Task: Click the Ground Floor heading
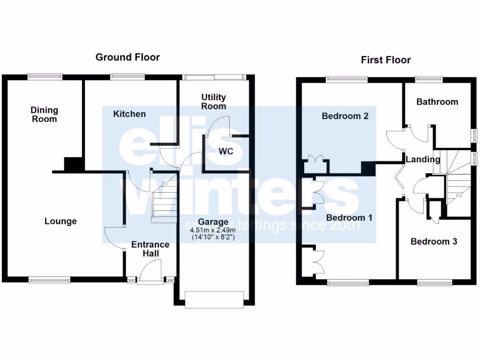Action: (127, 57)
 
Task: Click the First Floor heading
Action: (385, 60)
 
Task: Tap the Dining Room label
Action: (45, 114)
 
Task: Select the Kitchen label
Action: (129, 114)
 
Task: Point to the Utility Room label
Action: (214, 102)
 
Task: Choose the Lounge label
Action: (60, 221)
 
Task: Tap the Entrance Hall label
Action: (150, 249)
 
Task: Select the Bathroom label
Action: (437, 102)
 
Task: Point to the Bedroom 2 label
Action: (345, 116)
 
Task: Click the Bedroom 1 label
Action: (349, 218)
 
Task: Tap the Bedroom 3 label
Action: (434, 242)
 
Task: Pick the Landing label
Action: (423, 159)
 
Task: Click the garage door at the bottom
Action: (215, 300)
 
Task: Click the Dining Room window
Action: (45, 76)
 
